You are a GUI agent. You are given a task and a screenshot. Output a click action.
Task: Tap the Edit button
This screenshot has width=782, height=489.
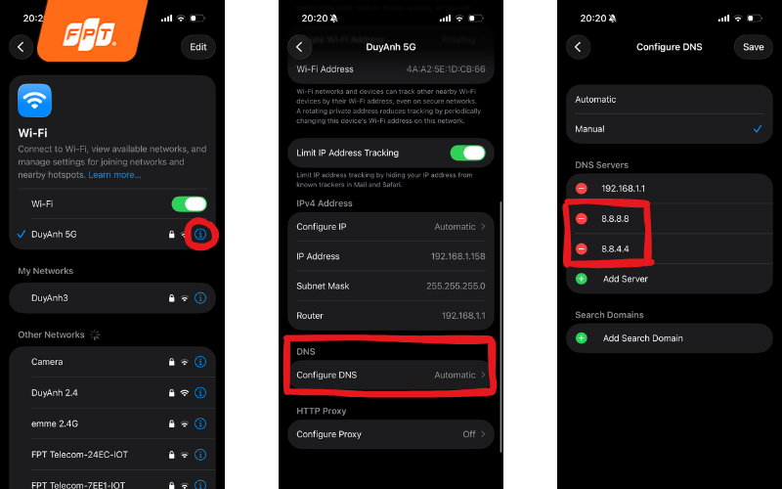[x=197, y=46]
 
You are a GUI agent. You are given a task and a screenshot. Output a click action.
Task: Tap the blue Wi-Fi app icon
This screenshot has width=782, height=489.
[x=35, y=101]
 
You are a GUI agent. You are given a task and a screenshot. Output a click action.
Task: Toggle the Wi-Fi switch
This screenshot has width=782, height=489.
[x=189, y=203]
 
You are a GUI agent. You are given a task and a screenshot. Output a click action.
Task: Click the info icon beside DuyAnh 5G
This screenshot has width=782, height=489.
[x=200, y=234]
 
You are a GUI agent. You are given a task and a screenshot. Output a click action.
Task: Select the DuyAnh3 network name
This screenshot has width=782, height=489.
[x=50, y=297]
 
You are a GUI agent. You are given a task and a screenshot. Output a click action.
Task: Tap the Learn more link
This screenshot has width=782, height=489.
[x=114, y=174]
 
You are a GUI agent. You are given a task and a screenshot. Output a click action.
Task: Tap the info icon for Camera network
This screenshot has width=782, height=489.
[x=200, y=362]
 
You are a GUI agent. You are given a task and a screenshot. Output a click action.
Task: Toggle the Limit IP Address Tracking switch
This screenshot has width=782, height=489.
[x=467, y=153]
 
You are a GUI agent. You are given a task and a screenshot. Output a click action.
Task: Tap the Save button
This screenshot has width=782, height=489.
[x=753, y=46]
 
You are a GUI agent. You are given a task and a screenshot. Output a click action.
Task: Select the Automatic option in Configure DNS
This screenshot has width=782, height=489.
[x=596, y=100]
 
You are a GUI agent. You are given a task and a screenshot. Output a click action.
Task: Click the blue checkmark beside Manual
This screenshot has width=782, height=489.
[x=758, y=129]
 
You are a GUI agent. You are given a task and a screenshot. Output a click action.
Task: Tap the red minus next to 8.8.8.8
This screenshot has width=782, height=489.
[x=582, y=218]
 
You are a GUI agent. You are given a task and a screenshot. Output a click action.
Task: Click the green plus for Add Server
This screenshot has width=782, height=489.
[x=582, y=279]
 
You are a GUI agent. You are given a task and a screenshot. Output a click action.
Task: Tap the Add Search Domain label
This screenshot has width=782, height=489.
[x=642, y=338]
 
